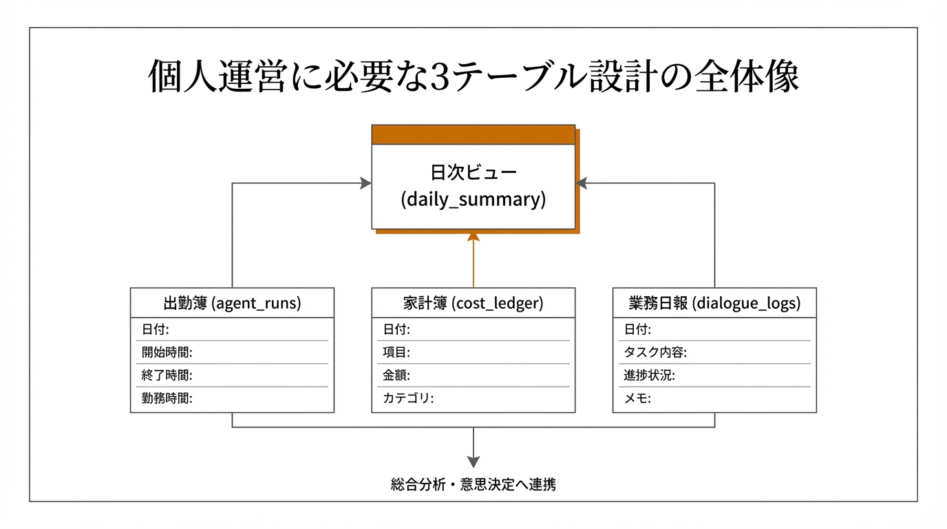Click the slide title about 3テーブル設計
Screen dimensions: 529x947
tap(473, 78)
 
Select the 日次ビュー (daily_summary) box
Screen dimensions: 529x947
tap(473, 187)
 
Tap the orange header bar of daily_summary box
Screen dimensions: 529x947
tap(473, 134)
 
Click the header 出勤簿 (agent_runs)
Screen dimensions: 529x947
tap(232, 303)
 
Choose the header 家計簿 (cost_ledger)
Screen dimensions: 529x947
tap(473, 303)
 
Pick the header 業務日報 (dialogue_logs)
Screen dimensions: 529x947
tap(714, 303)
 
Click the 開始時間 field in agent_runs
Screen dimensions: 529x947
tap(167, 353)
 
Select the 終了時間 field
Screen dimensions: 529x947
tap(167, 375)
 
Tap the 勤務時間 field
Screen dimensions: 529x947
tap(167, 398)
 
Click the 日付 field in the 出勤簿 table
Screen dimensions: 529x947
tap(156, 329)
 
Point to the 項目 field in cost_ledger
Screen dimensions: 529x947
tap(396, 353)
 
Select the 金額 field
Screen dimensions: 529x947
tap(396, 375)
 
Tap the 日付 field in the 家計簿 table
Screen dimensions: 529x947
tap(396, 329)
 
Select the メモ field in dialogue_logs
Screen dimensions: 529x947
tap(637, 398)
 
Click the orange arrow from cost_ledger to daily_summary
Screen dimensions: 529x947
tap(473, 262)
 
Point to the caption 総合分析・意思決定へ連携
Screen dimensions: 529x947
tap(473, 484)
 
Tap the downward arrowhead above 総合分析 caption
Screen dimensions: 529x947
tap(473, 462)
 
